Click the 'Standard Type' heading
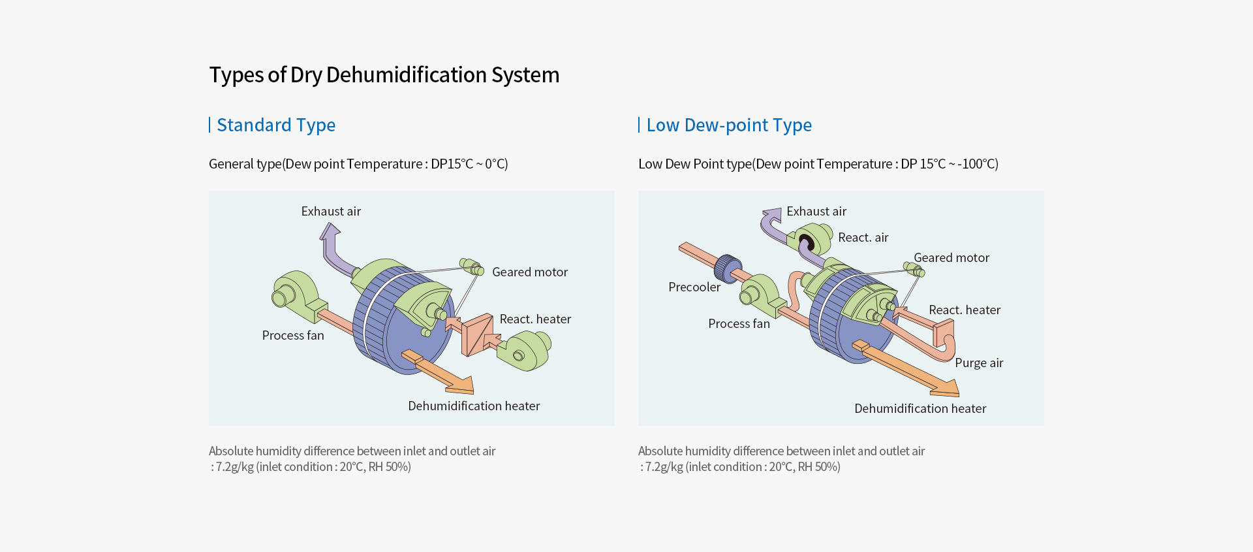click(x=275, y=125)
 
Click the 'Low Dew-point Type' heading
click(x=728, y=125)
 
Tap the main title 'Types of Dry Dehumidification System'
click(x=384, y=75)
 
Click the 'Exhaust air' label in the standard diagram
click(x=331, y=212)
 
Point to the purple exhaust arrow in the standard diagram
click(x=331, y=248)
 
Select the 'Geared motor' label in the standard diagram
click(x=529, y=272)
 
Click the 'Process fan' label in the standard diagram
click(x=292, y=335)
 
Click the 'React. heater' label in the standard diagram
click(x=535, y=319)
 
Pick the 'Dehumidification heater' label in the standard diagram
click(x=474, y=406)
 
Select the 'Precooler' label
click(x=694, y=287)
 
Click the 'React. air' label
click(x=863, y=237)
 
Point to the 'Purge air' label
click(x=979, y=363)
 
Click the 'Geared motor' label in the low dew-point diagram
click(x=951, y=257)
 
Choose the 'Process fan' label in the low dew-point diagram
click(x=739, y=323)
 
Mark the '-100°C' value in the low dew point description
click(x=977, y=164)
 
